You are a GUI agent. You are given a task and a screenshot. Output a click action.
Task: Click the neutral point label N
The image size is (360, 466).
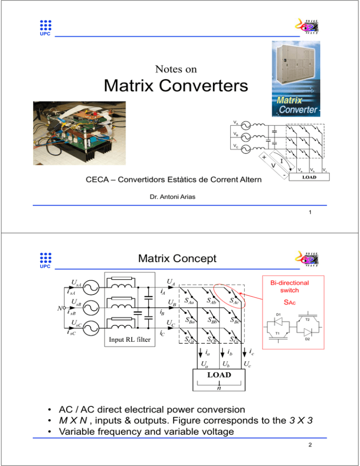coord(54,308)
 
